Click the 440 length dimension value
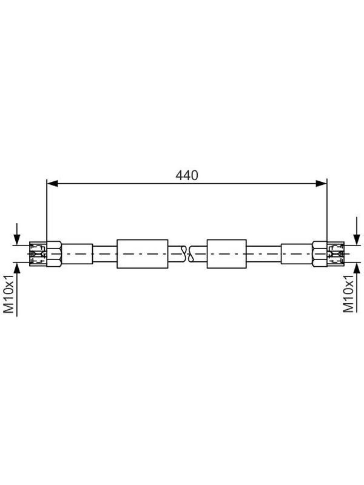(x=186, y=175)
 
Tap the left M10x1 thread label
(x=8, y=294)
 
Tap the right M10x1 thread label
(x=348, y=294)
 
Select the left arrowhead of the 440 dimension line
(x=52, y=184)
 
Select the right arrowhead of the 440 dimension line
(x=321, y=184)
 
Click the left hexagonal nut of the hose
(x=54, y=253)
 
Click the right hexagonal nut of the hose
(x=320, y=253)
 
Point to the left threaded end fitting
(x=38, y=253)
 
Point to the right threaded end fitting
(x=335, y=253)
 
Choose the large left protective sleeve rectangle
(x=143, y=253)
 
